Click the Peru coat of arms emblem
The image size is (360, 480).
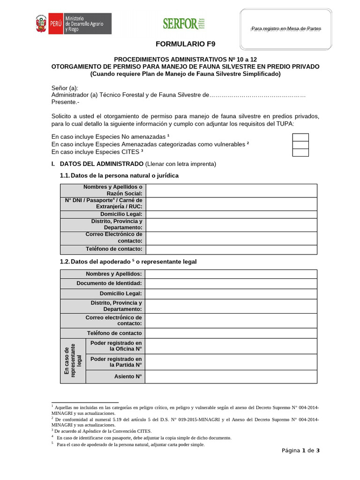click(41, 23)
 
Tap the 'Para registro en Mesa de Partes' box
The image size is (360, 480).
click(286, 29)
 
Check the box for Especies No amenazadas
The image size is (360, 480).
click(300, 137)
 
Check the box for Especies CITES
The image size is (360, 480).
click(300, 152)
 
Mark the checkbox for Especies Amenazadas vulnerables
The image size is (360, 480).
click(300, 144)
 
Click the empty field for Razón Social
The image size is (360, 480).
click(231, 190)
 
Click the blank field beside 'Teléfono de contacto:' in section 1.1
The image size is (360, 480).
click(231, 249)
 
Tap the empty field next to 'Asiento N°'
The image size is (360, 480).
click(231, 376)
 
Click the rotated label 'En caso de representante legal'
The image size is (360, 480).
click(73, 360)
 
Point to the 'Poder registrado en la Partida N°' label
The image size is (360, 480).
click(116, 361)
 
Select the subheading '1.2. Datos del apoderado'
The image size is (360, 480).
click(127, 262)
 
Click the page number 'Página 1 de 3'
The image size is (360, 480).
click(300, 450)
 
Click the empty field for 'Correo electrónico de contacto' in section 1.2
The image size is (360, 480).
click(231, 321)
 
